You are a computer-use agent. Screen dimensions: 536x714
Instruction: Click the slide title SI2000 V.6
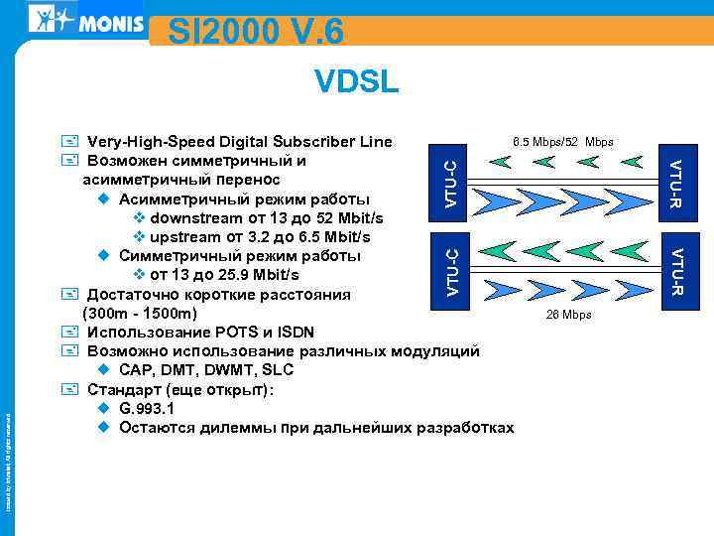pos(256,32)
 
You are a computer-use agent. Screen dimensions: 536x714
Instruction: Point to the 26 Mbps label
pos(568,315)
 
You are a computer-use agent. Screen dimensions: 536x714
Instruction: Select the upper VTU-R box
pos(675,184)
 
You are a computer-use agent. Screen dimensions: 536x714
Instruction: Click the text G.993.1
pos(146,408)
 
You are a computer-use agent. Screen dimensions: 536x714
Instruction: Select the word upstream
pos(185,237)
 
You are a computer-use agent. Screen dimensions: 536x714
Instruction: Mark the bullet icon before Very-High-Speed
pos(68,142)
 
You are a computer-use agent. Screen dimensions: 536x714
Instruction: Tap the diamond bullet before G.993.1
pos(104,408)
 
